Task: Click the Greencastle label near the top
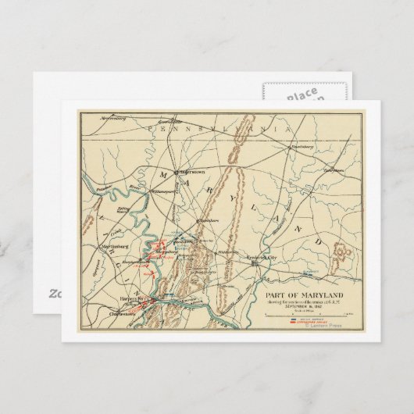(166, 145)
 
